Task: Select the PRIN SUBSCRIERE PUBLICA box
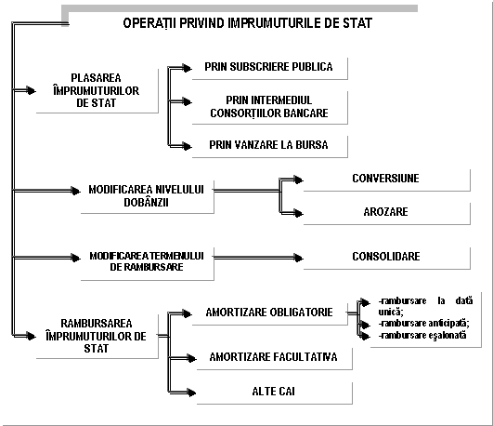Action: (x=270, y=69)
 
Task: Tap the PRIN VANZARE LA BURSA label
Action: (x=268, y=145)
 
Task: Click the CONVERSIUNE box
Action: (x=387, y=180)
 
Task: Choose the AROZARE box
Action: (x=387, y=214)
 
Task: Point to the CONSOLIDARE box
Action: (x=387, y=259)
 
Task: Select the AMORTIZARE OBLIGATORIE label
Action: (x=269, y=313)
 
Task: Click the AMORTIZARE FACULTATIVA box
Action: (x=275, y=359)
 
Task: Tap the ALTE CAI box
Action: (x=275, y=393)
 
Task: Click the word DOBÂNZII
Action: (x=146, y=202)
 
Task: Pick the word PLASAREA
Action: (x=96, y=78)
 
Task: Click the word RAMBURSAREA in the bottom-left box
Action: (x=97, y=324)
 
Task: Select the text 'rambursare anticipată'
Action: (x=423, y=324)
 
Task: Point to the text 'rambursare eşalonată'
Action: (x=422, y=335)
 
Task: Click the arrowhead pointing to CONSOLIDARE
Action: (x=298, y=258)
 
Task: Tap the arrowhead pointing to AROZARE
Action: (x=298, y=213)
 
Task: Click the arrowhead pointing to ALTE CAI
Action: (x=191, y=393)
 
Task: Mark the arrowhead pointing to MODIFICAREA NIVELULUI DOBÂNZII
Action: (x=76, y=191)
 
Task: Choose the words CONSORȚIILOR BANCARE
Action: (x=269, y=113)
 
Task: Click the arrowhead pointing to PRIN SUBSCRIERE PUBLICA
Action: (x=187, y=68)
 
